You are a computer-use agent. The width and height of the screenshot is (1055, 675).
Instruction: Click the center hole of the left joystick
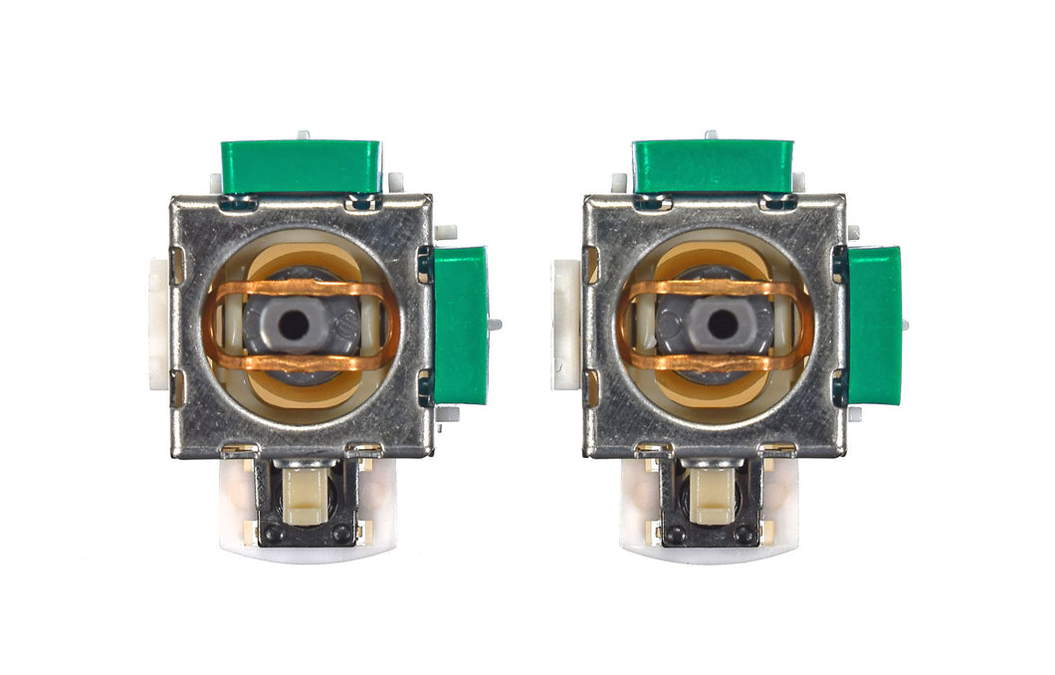[295, 324]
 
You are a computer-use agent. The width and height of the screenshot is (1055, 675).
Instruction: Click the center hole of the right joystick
[725, 324]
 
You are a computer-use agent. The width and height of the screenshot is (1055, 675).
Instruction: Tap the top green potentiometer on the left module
[300, 166]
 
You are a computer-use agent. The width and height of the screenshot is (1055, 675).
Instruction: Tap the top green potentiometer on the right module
[713, 166]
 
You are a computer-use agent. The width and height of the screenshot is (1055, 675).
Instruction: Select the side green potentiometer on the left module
[461, 325]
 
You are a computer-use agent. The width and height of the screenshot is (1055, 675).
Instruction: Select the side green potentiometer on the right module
[875, 325]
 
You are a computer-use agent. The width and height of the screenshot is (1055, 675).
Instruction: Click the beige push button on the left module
[306, 496]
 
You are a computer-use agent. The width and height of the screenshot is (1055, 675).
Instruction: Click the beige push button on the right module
[712, 496]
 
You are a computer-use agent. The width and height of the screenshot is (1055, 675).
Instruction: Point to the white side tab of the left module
[159, 324]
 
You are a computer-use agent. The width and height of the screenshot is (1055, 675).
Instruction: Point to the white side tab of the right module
[565, 324]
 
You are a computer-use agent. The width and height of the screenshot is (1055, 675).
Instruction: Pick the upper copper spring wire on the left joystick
[299, 290]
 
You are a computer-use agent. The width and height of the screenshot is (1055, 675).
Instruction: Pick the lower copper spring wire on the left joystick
[299, 360]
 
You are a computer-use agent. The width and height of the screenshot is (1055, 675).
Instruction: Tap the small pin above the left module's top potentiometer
[303, 133]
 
